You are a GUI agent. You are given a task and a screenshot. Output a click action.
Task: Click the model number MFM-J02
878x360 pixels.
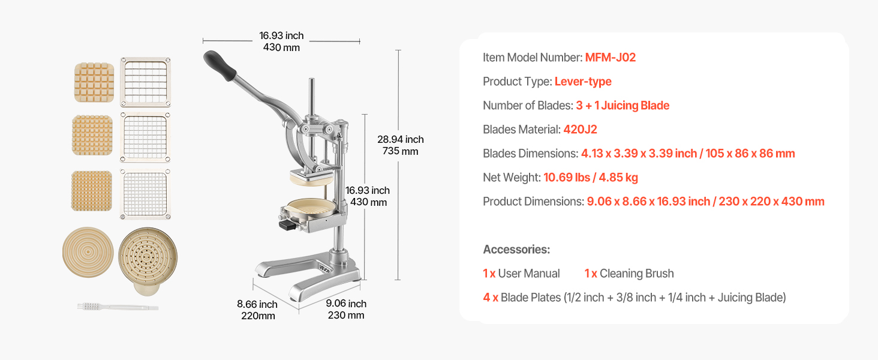(x=611, y=58)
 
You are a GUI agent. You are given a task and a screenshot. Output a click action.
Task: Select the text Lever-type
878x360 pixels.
(x=583, y=82)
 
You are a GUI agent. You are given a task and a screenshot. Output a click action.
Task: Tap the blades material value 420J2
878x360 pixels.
(x=580, y=130)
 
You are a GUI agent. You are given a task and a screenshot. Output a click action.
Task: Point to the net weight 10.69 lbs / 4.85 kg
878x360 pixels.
(x=591, y=178)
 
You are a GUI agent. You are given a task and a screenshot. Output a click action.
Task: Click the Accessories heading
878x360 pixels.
(x=516, y=250)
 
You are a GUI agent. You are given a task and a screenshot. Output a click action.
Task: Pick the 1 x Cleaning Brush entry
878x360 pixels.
(x=629, y=274)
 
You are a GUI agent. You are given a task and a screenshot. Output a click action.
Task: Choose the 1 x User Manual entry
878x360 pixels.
(x=521, y=274)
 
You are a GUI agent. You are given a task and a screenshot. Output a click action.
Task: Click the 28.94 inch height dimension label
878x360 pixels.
(x=400, y=145)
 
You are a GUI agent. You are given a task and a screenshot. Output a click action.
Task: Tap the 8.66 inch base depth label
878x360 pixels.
(x=257, y=310)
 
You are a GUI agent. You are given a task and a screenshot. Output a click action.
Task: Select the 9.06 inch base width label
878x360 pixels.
(x=346, y=309)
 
